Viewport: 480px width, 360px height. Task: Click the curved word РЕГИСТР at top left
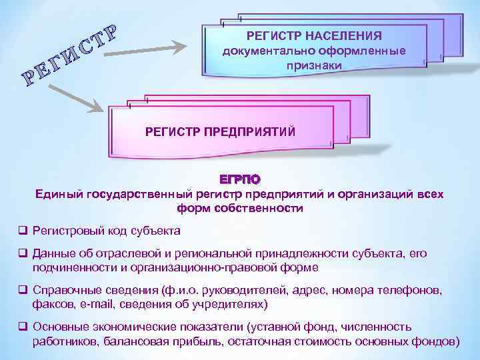(x=71, y=57)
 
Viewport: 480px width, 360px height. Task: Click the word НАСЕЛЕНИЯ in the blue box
(x=349, y=36)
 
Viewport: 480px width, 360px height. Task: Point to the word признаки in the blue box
(x=313, y=65)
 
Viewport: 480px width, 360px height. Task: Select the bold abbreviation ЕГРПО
(x=240, y=179)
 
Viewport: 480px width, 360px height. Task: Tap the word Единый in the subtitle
(x=59, y=194)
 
